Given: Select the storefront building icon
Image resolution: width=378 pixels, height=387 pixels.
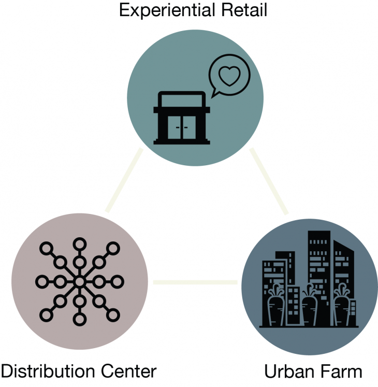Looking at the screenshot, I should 181,118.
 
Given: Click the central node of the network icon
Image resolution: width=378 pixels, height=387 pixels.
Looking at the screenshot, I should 79,282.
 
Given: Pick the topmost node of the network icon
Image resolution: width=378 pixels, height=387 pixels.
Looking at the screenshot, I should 79,244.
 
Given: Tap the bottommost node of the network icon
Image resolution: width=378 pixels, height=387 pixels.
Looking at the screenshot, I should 79,320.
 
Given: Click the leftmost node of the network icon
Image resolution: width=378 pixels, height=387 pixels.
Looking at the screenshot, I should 41,282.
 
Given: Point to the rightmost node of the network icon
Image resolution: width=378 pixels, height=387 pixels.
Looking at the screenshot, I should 117,282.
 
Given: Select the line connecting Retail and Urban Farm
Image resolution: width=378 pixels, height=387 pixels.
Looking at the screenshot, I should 269,181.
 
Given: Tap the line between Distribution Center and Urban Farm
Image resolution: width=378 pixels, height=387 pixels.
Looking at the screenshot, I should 195,282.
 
